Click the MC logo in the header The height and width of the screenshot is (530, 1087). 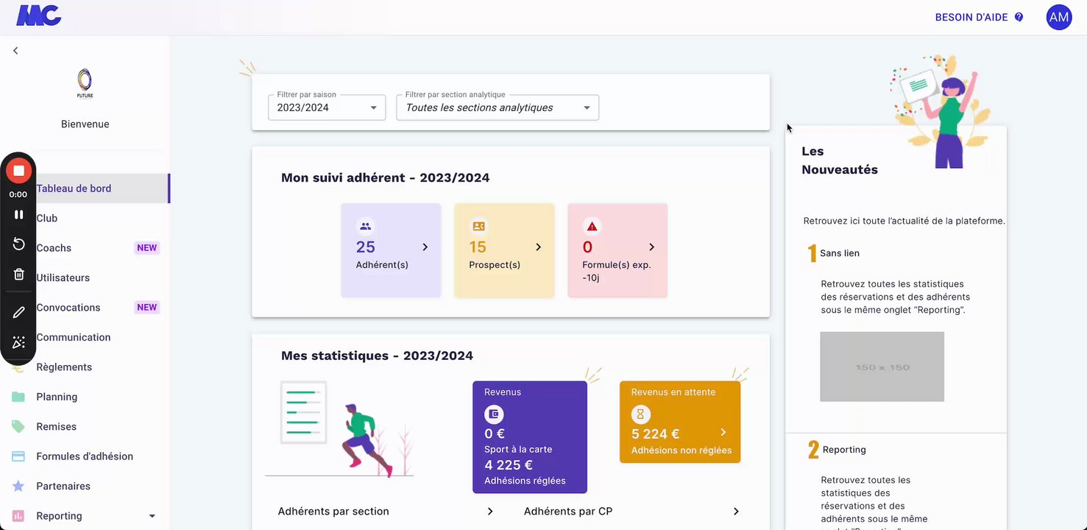(x=39, y=15)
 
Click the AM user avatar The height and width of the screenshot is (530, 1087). (x=1058, y=17)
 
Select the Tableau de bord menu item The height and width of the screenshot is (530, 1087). (x=74, y=188)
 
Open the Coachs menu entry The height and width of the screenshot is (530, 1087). (x=54, y=248)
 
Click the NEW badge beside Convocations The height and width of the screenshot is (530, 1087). (x=147, y=308)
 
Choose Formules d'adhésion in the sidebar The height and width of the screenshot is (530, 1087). (x=85, y=456)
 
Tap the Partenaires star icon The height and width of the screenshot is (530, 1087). (x=18, y=487)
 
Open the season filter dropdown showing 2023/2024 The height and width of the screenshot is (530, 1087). (x=327, y=107)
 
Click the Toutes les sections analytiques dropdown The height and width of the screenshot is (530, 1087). (x=498, y=107)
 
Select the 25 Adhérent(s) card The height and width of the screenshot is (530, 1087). (x=391, y=250)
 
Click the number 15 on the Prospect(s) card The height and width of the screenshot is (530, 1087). (x=478, y=247)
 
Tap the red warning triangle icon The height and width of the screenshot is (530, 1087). (x=592, y=226)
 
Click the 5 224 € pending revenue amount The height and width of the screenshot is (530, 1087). (x=655, y=434)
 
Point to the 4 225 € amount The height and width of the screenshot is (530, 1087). (x=509, y=465)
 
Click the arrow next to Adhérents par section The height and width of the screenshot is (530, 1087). (x=490, y=512)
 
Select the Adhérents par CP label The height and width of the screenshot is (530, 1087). (x=568, y=512)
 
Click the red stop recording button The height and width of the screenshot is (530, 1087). (x=18, y=171)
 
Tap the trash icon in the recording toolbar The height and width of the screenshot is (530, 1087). (x=19, y=275)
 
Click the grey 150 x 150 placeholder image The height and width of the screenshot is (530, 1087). (x=882, y=367)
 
